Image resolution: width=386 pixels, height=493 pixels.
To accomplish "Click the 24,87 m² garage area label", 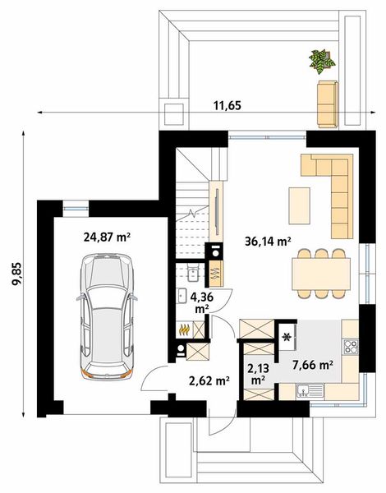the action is point(107,237).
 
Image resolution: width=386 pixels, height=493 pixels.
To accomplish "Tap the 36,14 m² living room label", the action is point(268,241).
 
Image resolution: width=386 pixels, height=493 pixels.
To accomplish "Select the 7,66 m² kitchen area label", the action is point(313,365).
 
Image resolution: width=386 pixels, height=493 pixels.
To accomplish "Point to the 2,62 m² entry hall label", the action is point(209,380).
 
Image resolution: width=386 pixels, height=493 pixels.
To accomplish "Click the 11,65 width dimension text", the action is point(227,106).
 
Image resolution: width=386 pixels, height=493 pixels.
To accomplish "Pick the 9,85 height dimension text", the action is point(17,274).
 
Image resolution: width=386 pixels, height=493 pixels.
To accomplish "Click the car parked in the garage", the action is point(107,316).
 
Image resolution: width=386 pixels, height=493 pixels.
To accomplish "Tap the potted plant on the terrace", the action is point(322,60).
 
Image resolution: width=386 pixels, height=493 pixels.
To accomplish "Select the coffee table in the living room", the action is point(300,205).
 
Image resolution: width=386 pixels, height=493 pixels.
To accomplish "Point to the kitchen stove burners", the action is point(351,347).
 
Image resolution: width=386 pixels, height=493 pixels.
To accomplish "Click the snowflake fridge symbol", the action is point(287,337).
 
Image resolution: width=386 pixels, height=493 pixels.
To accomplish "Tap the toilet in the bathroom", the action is point(191,272).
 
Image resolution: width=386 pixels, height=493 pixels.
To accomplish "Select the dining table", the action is point(321,274).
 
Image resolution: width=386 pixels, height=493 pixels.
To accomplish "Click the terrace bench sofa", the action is point(328,104).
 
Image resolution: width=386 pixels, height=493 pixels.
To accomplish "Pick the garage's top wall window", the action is point(76,208).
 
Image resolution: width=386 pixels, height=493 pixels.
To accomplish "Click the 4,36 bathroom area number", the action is point(202,297).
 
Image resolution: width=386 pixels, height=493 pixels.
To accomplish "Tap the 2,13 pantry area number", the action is point(258,368).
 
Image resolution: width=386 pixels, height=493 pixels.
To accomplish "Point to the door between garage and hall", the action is point(154,378).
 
